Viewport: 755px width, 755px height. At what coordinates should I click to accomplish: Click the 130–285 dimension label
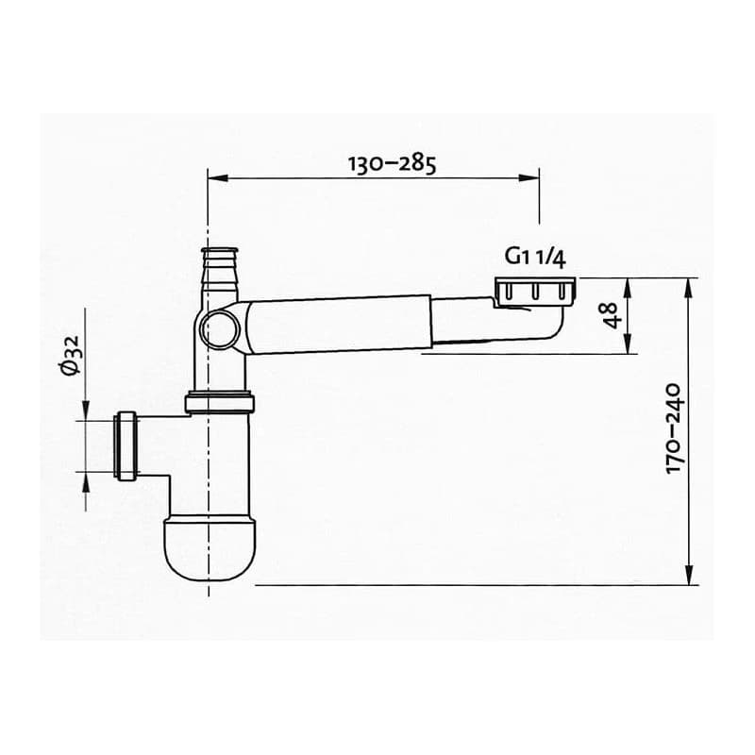[392, 163]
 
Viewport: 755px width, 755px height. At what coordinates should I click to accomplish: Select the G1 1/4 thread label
[535, 257]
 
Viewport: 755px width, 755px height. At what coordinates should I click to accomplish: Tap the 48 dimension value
[610, 315]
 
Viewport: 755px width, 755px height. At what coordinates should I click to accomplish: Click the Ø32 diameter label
[71, 357]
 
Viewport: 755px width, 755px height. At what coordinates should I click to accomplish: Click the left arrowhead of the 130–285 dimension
[218, 178]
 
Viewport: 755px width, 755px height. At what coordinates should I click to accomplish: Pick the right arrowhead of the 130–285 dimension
[528, 178]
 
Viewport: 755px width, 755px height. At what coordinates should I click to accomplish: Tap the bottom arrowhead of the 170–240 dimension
[689, 575]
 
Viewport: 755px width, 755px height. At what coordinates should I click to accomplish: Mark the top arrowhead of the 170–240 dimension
[689, 289]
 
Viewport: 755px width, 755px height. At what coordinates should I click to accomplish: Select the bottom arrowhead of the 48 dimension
[627, 344]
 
